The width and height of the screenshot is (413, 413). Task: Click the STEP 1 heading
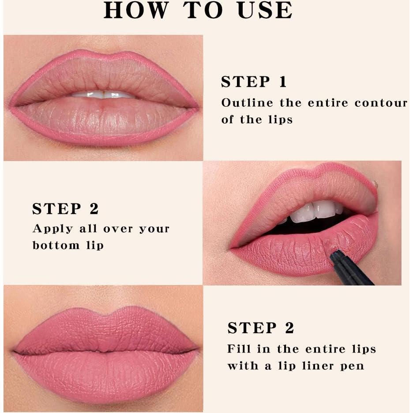coord(254,82)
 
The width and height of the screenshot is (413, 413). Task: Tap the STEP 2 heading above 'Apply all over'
coord(65,209)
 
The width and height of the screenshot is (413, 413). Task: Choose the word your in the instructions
coord(154,229)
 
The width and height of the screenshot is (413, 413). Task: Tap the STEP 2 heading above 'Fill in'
coord(260,328)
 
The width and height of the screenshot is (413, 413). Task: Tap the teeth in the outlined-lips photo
coord(103,94)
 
